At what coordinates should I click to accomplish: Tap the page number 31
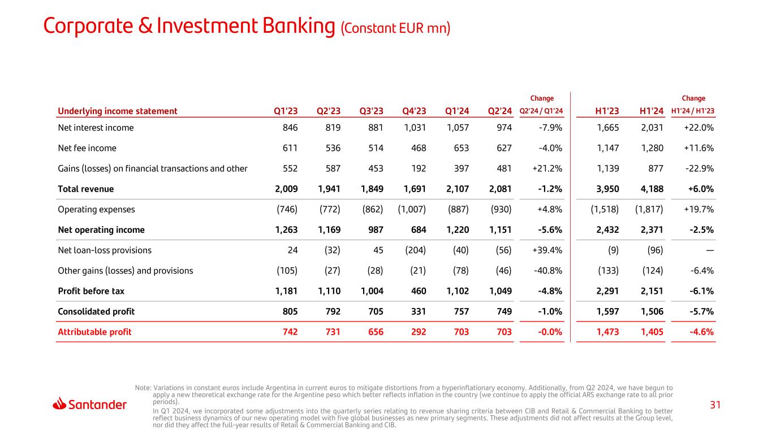[715, 405]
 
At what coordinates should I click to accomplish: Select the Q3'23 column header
[371, 111]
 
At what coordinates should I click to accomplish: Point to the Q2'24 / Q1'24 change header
[541, 111]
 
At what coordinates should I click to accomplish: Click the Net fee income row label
[87, 148]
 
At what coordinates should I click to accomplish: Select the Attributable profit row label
[94, 332]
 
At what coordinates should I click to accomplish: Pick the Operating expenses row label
[96, 209]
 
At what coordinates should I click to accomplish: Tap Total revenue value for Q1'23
[286, 189]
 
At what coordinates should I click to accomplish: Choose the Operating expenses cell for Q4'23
[412, 209]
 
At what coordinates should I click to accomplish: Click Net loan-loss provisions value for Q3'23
[377, 250]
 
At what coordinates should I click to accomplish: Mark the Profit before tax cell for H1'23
[607, 291]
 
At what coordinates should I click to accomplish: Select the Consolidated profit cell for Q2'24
[502, 311]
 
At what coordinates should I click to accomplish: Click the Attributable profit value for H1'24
[652, 332]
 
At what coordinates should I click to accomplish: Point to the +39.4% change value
[549, 250]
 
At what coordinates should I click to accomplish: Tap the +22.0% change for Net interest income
[700, 128]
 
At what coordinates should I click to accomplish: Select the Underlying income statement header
[118, 111]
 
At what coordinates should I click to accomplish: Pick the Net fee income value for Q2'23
[329, 148]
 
